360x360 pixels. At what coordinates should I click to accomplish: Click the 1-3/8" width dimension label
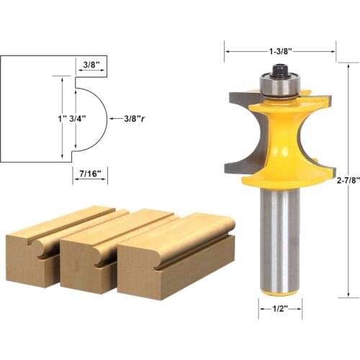280,51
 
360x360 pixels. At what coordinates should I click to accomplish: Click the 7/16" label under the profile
90,174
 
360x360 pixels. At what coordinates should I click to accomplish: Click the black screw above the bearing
280,71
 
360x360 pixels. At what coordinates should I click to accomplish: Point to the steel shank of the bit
280,238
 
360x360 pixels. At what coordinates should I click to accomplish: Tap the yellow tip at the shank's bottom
280,292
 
